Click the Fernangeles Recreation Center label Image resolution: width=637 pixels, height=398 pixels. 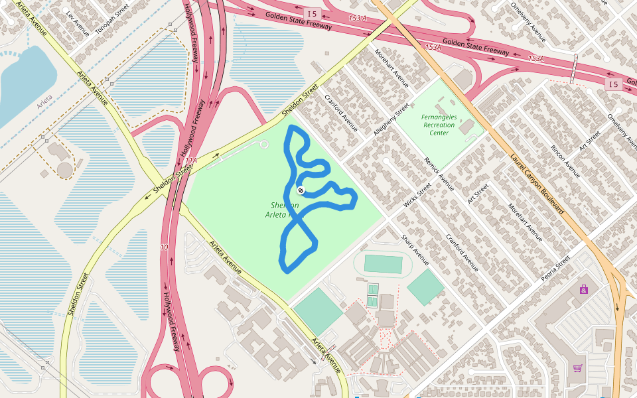[x=439, y=125]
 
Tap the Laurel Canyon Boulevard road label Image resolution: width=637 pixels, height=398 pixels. [x=537, y=184]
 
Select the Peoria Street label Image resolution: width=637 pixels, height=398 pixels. [x=555, y=268]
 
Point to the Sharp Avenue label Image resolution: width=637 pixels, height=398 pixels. [x=415, y=249]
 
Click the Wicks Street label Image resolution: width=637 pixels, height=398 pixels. [x=417, y=196]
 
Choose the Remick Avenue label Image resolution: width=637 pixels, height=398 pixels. [x=439, y=174]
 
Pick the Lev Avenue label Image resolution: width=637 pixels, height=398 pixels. [x=78, y=23]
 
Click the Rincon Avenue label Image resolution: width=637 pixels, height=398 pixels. [x=565, y=161]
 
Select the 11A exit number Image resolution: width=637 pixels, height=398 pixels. [x=191, y=161]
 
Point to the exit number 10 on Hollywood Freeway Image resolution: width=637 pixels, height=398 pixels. [x=164, y=247]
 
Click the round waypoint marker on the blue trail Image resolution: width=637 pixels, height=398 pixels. [x=301, y=190]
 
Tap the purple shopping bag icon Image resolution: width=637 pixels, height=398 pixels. [x=583, y=289]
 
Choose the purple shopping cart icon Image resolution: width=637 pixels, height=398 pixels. [x=577, y=368]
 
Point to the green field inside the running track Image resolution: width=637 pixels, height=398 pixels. [x=383, y=264]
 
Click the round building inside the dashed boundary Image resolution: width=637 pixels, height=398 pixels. [x=64, y=170]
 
